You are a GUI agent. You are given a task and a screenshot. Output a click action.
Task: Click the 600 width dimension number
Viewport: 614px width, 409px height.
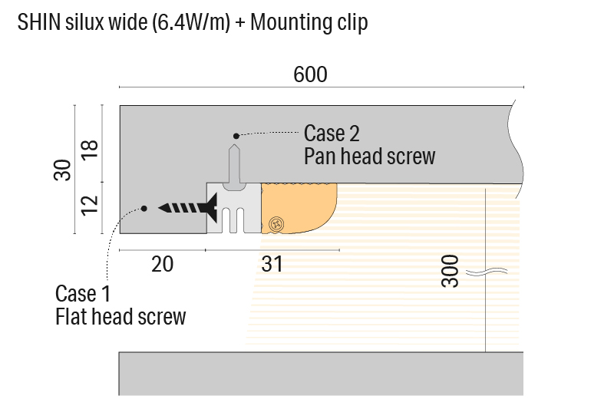coord(310,74)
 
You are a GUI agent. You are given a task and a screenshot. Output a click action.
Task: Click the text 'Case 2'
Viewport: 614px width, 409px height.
coord(332,133)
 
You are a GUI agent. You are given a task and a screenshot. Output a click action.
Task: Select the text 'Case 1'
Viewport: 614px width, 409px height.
coord(83,293)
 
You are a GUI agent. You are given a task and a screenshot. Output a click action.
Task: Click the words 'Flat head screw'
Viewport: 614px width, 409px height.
coord(120,316)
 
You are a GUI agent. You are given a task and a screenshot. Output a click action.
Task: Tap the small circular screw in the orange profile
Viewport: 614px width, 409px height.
coord(276,223)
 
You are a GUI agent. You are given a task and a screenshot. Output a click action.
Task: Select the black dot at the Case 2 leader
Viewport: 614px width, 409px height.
coord(236,136)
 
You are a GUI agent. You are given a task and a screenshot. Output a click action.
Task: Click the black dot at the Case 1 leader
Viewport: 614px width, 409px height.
coord(143,208)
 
